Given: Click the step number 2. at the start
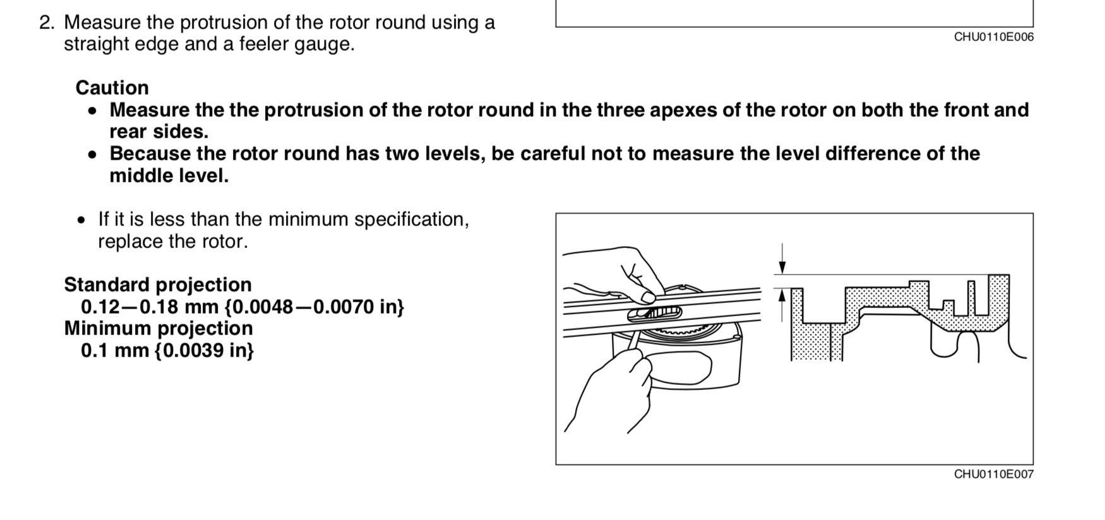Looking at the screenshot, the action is point(47,23).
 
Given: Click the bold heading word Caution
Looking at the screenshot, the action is point(112,88).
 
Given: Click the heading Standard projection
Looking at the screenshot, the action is point(158,285).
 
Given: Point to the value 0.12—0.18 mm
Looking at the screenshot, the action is point(150,307).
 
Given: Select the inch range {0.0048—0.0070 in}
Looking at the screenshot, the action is point(314,307).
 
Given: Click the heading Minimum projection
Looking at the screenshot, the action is point(158,328).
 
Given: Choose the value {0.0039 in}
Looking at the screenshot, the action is point(204,350).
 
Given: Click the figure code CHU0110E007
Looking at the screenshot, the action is point(994,475).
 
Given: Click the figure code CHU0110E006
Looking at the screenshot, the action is point(994,37).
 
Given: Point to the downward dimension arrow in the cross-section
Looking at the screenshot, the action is point(782,259).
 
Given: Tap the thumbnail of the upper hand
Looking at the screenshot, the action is point(647,296).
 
